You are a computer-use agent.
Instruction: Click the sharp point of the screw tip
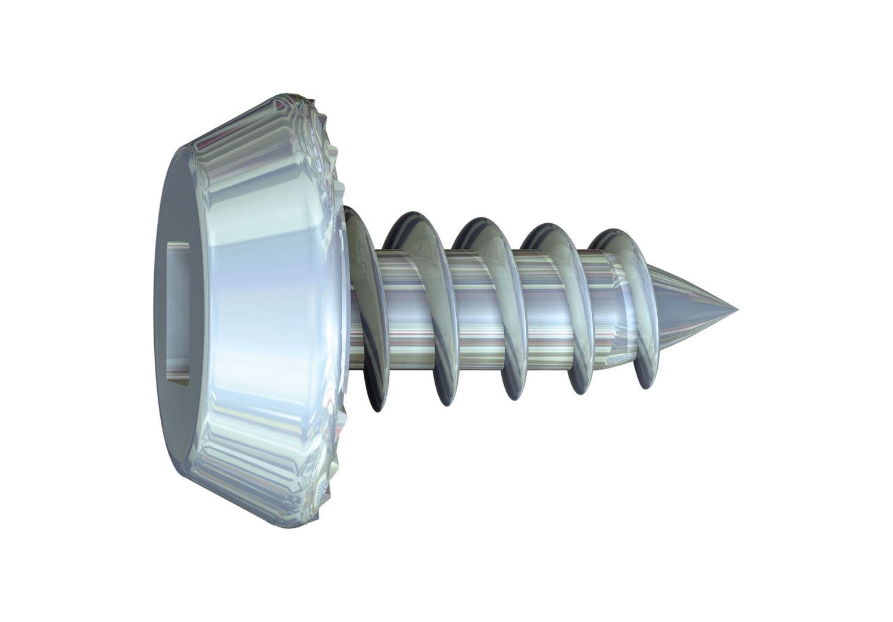736,310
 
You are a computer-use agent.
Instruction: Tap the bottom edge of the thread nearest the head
375,405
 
